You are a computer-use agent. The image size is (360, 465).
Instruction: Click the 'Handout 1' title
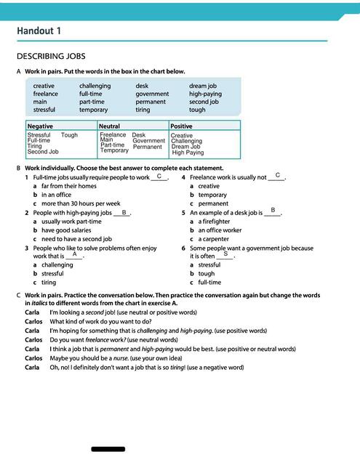pyautogui.click(x=39, y=31)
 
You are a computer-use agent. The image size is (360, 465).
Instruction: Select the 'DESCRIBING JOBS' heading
pyautogui.click(x=50, y=56)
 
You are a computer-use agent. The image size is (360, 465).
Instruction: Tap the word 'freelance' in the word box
pyautogui.click(x=45, y=94)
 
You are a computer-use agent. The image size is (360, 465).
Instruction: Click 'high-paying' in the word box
pyautogui.click(x=205, y=94)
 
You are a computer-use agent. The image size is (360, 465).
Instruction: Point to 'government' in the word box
pyautogui.click(x=152, y=94)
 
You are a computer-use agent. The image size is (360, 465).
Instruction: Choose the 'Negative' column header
pyautogui.click(x=40, y=126)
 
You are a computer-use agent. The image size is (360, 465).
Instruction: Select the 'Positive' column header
pyautogui.click(x=181, y=126)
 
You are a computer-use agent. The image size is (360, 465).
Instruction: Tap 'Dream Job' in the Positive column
pyautogui.click(x=186, y=147)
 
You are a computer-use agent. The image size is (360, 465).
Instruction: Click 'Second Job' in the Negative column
pyautogui.click(x=43, y=152)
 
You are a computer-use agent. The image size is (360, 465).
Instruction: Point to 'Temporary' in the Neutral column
pyautogui.click(x=114, y=150)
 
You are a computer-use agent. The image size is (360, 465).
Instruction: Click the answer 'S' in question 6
pyautogui.click(x=225, y=254)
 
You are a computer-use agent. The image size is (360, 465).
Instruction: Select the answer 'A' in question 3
pyautogui.click(x=75, y=254)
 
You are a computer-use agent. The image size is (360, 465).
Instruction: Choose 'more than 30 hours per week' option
pyautogui.click(x=81, y=203)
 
